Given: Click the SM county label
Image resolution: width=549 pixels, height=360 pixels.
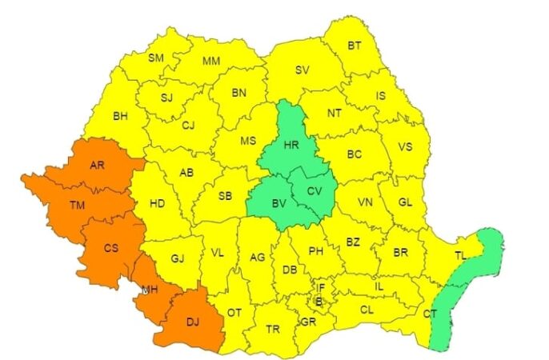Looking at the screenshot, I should tap(156, 58).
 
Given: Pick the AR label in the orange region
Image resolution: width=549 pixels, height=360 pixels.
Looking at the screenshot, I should tap(98, 166).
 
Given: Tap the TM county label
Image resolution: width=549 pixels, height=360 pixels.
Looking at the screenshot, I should tap(77, 206).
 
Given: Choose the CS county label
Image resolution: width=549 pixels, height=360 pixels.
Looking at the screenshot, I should tap(111, 249).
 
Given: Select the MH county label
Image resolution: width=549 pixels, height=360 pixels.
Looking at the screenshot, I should tap(149, 287).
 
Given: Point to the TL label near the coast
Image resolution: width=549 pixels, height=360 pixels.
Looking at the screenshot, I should tap(460, 256).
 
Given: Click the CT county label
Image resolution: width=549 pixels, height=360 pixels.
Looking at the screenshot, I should tap(431, 314).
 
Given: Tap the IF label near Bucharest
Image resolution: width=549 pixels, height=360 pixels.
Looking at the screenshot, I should tap(320, 286).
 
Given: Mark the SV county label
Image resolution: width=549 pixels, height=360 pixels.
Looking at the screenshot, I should tap(302, 70).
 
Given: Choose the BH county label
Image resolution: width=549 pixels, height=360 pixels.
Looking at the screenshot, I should tap(121, 116).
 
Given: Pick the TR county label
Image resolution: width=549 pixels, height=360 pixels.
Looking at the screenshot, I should tap(272, 329).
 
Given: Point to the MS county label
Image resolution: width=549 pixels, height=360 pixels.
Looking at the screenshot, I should tap(248, 141).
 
